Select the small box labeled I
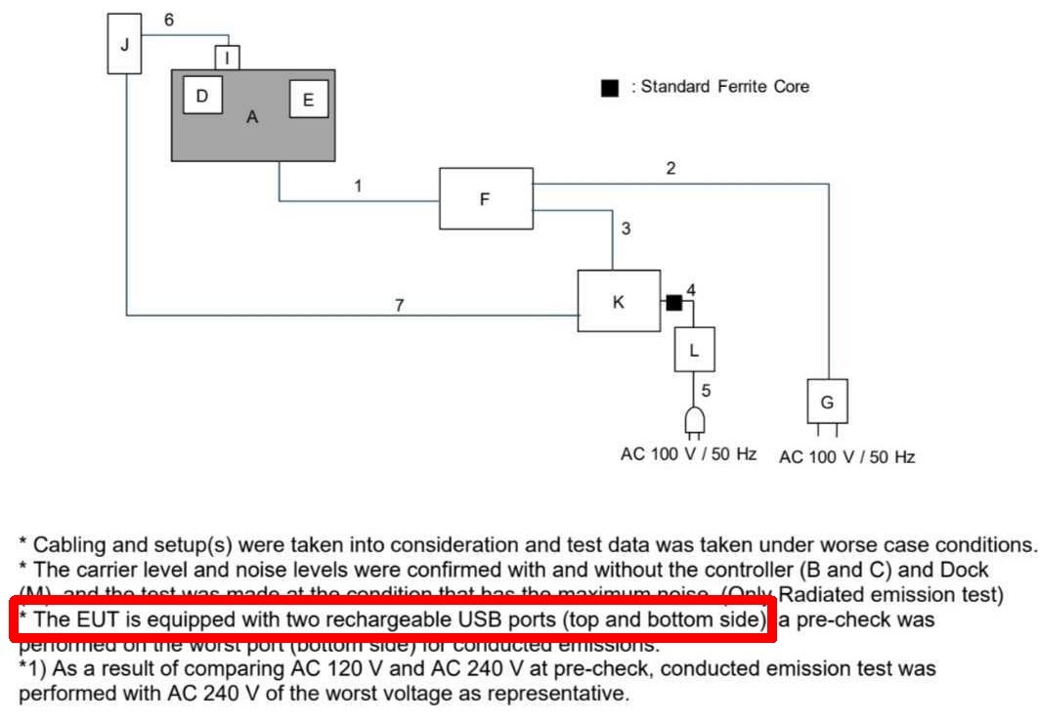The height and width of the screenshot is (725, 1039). point(227,58)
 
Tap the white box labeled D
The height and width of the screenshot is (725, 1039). point(202,96)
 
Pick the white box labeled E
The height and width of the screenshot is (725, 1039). point(309,100)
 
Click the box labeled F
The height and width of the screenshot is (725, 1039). point(486,199)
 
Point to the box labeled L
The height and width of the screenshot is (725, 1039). point(694,350)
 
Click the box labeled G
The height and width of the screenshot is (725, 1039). point(827,402)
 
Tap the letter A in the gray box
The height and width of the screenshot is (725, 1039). point(252,117)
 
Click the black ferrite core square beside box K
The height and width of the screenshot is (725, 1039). point(673,303)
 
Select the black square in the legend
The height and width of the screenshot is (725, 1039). point(610,88)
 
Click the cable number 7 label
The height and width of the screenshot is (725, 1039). point(398,306)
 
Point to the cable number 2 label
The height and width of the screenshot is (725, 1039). point(671,168)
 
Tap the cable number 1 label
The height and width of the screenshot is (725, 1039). point(359,185)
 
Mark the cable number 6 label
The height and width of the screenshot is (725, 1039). point(169,21)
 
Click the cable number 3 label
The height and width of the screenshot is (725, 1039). point(626,230)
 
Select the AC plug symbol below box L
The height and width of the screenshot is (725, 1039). point(694,421)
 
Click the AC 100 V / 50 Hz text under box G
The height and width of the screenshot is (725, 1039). point(846,456)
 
